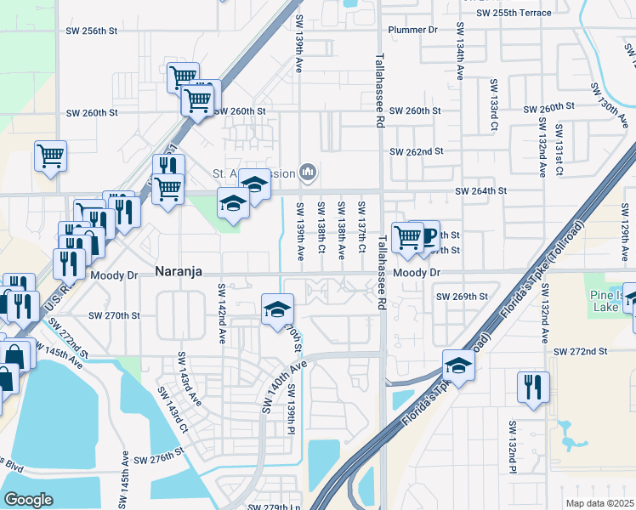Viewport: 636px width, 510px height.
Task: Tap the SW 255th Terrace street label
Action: pos(514,13)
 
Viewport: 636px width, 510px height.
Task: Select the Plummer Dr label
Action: pos(412,30)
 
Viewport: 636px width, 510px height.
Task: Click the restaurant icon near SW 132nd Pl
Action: pos(532,386)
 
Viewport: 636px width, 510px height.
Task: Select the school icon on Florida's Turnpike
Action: pos(457,365)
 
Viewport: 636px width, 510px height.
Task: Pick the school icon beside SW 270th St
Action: pos(277,309)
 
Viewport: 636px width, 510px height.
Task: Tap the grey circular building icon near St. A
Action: pos(307,174)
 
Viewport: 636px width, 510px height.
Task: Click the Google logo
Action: pos(29,499)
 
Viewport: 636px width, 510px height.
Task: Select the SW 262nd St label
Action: pos(417,151)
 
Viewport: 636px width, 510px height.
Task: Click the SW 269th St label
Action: pos(462,297)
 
